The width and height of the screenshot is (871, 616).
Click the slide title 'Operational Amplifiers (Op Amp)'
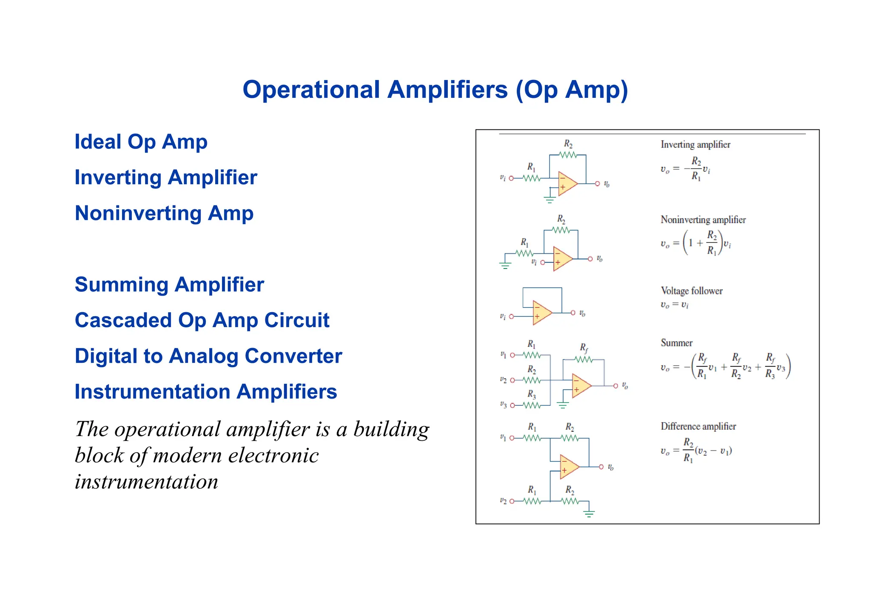pyautogui.click(x=435, y=90)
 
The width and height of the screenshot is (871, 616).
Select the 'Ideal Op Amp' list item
pyautogui.click(x=141, y=142)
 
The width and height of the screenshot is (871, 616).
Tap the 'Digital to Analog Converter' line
pyautogui.click(x=208, y=356)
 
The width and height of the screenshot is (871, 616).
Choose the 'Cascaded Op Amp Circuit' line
pyautogui.click(x=202, y=320)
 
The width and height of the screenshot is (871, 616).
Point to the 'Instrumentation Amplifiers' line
pyautogui.click(x=206, y=392)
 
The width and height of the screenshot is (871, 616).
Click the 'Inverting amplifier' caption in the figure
pyautogui.click(x=695, y=145)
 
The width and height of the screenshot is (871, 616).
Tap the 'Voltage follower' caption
pyautogui.click(x=692, y=291)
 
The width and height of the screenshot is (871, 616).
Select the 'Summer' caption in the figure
pyautogui.click(x=676, y=343)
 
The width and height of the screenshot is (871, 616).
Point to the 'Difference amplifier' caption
pyautogui.click(x=698, y=426)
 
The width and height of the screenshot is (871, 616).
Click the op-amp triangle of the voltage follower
pyautogui.click(x=541, y=313)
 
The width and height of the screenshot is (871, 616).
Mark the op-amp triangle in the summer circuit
pyautogui.click(x=580, y=386)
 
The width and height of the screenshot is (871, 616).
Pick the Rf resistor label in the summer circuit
pyautogui.click(x=584, y=348)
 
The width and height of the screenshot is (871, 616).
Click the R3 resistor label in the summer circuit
pyautogui.click(x=532, y=394)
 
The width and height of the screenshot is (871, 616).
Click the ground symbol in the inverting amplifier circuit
pyautogui.click(x=549, y=200)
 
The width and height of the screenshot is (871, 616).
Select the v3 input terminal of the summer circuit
pyautogui.click(x=512, y=405)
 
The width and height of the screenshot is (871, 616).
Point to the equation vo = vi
pyautogui.click(x=675, y=305)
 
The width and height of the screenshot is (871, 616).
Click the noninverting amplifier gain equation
pyautogui.click(x=695, y=243)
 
